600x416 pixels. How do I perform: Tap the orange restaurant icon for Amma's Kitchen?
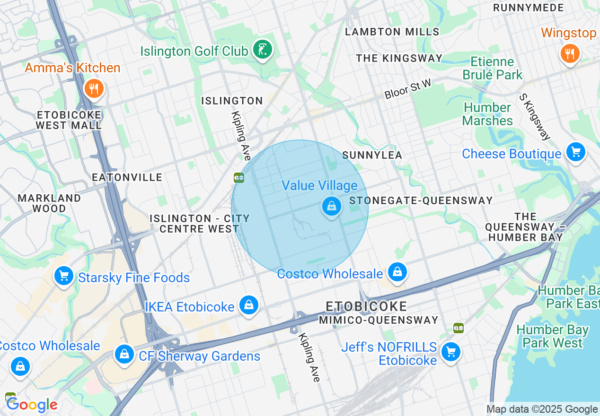tap(94, 88)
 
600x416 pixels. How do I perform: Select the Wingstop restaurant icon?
tap(570, 53)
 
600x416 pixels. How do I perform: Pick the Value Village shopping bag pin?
tap(332, 206)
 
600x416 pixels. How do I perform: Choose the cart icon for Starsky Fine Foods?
tap(63, 276)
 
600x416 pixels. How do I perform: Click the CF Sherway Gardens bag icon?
tap(124, 354)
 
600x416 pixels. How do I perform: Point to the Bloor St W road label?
tap(407, 89)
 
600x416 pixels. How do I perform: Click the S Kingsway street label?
tap(535, 117)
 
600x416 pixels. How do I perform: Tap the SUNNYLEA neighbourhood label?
tap(372, 155)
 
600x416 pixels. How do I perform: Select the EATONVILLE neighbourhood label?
tap(127, 177)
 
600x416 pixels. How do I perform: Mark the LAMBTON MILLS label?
tap(392, 32)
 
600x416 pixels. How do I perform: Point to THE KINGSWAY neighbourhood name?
tap(399, 58)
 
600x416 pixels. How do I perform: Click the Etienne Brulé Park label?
tap(492, 68)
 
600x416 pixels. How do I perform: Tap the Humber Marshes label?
tap(487, 114)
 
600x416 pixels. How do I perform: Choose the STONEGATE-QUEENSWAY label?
tap(421, 200)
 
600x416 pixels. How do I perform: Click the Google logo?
tap(32, 405)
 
